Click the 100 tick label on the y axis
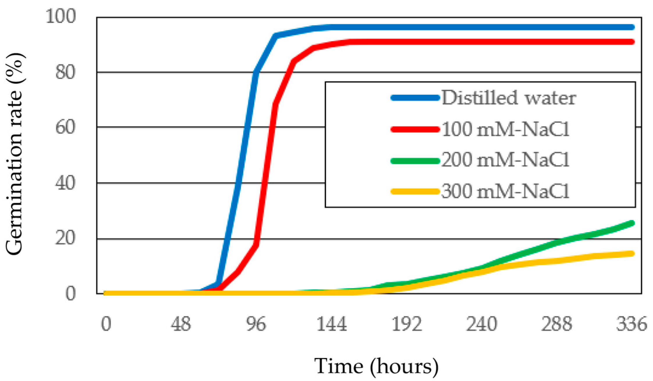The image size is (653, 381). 61,16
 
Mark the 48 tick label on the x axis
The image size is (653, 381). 181,324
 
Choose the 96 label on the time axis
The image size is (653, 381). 256,324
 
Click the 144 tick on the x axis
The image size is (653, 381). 331,324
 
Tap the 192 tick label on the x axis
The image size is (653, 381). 407,324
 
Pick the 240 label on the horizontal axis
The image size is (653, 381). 482,324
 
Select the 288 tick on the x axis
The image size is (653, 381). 557,324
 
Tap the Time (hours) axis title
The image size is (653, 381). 376,366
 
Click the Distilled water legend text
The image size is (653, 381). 509,98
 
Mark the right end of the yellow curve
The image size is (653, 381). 632,253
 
